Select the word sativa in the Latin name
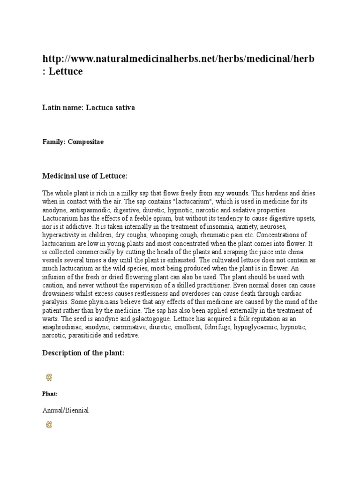(124, 108)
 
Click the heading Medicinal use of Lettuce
(85, 176)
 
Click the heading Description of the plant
(83, 353)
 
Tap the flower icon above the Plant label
(48, 377)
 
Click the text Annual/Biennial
(66, 410)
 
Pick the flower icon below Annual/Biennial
(48, 425)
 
